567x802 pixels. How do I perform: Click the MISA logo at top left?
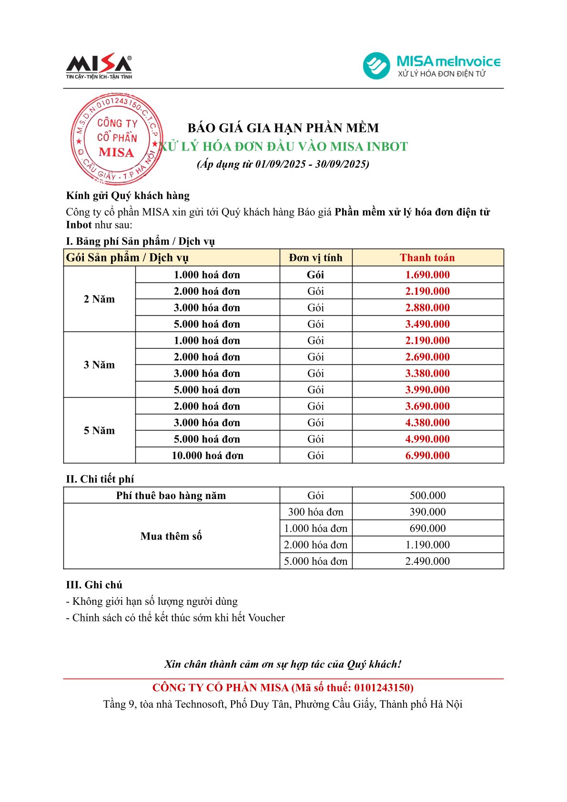tap(99, 66)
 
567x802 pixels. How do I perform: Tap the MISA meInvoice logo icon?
tap(376, 66)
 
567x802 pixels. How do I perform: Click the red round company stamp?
tap(116, 139)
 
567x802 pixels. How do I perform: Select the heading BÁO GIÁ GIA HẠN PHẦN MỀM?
tap(283, 128)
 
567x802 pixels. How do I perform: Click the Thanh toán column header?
tap(427, 258)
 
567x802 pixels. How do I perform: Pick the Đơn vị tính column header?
tap(315, 258)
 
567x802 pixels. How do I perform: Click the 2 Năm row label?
tap(99, 299)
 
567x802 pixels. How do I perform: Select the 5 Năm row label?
tap(99, 431)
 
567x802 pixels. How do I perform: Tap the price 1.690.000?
tap(427, 275)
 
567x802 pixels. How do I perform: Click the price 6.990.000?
tap(427, 455)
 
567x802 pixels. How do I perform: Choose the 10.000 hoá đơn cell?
tap(207, 455)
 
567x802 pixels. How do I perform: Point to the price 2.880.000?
tap(427, 308)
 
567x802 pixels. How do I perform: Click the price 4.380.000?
tap(427, 422)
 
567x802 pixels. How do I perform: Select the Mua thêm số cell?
tap(171, 536)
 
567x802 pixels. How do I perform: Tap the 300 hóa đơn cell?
tap(315, 512)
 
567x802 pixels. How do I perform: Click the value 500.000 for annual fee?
tap(427, 495)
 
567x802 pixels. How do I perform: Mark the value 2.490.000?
tap(427, 561)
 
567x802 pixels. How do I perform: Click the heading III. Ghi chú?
tap(94, 585)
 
